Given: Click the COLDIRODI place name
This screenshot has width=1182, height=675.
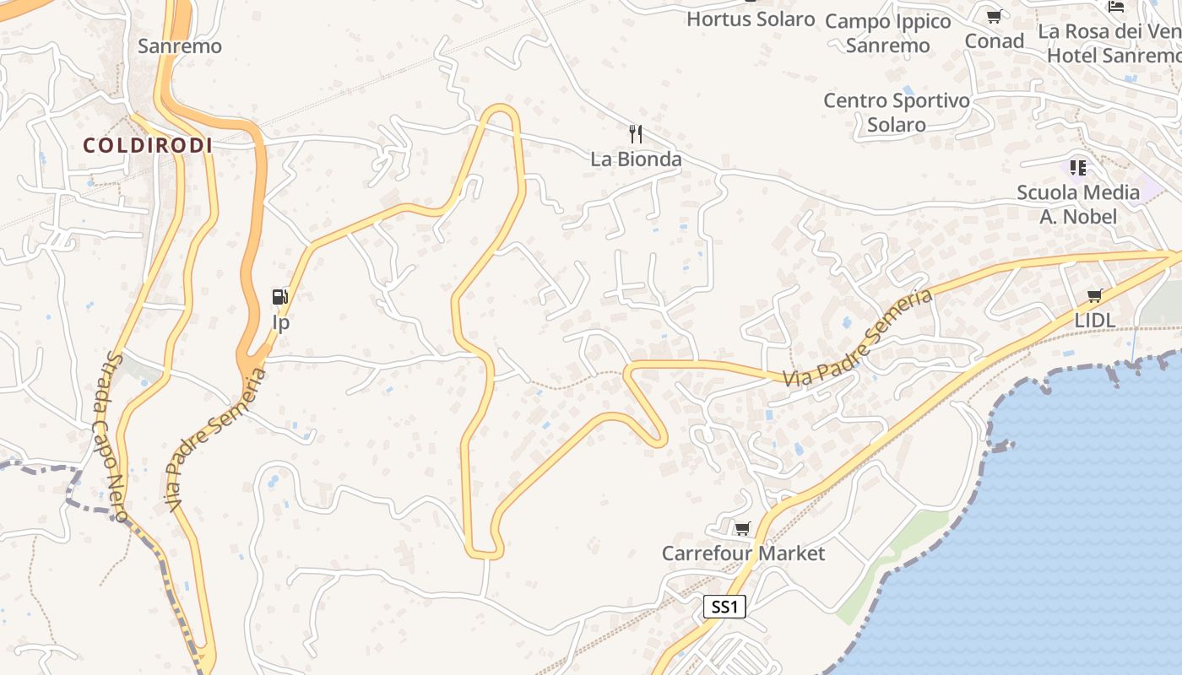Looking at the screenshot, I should pyautogui.click(x=148, y=146).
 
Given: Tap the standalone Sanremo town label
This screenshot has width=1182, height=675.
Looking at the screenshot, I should pyautogui.click(x=180, y=46).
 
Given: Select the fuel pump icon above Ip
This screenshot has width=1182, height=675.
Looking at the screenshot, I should pyautogui.click(x=280, y=296).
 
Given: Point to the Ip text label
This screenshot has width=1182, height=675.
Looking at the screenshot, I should pyautogui.click(x=280, y=322).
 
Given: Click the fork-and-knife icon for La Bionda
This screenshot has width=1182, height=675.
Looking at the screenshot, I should pyautogui.click(x=636, y=133).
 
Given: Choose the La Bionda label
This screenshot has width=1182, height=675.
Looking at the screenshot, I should pyautogui.click(x=636, y=159).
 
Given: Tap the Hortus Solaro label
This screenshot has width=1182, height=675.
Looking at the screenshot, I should pyautogui.click(x=751, y=19).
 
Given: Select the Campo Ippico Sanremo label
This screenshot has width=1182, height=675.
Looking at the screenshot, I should pyautogui.click(x=888, y=33).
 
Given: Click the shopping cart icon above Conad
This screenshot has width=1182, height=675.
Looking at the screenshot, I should pyautogui.click(x=994, y=16).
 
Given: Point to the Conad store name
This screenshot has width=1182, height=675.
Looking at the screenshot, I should pyautogui.click(x=994, y=40).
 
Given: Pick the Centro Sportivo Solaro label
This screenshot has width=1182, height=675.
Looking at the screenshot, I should pyautogui.click(x=897, y=112).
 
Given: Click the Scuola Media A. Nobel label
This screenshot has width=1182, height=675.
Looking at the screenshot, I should pyautogui.click(x=1078, y=204).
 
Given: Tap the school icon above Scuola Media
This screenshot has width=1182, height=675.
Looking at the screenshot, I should pyautogui.click(x=1077, y=167).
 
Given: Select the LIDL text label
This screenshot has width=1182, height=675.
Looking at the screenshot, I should pyautogui.click(x=1095, y=321).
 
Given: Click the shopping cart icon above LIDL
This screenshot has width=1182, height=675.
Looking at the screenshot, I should pyautogui.click(x=1095, y=295).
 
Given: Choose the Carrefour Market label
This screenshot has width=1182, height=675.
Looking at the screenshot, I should pyautogui.click(x=743, y=553).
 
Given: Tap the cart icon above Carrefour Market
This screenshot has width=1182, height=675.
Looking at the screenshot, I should pyautogui.click(x=742, y=528).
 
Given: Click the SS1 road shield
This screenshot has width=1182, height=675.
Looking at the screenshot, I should pyautogui.click(x=725, y=607).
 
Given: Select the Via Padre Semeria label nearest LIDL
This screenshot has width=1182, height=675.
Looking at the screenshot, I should pyautogui.click(x=857, y=337).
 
